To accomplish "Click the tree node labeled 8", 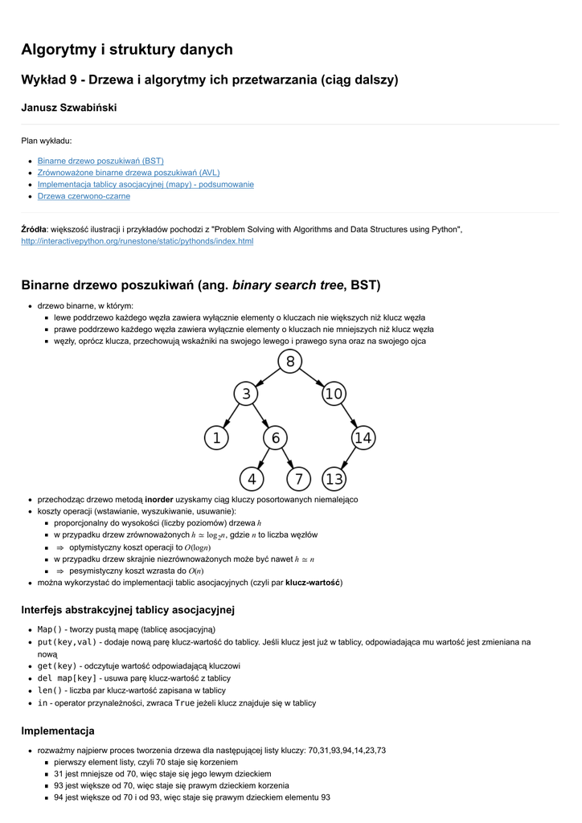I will [290, 362].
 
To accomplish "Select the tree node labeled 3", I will [246, 394].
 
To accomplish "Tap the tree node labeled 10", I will [334, 394].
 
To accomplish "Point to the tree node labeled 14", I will [363, 438].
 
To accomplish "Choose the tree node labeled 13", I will [334, 479].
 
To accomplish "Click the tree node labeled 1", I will [216, 438].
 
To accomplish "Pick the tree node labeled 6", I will [275, 438].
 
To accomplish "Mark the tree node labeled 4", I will [252, 479].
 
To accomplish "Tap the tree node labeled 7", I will [298, 479].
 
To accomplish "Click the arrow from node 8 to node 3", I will [268, 378].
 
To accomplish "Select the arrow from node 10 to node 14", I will [348, 416].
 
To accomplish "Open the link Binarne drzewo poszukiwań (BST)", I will [100, 161].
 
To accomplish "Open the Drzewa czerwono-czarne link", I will [84, 196].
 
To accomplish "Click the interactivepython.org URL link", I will [137, 241].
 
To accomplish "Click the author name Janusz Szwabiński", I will [69, 108].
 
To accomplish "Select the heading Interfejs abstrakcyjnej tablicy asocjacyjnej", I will [127, 610].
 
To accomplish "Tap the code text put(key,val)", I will [67, 642].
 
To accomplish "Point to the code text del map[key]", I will [67, 678].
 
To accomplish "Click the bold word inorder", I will [159, 499].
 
